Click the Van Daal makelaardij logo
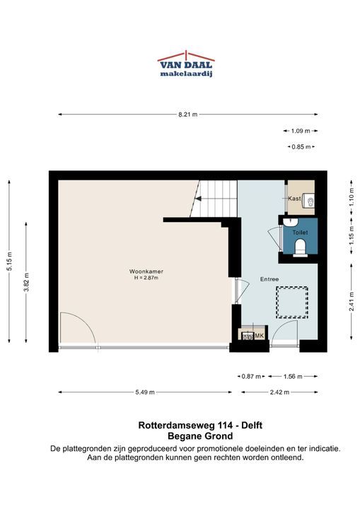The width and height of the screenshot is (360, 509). pos(186,64)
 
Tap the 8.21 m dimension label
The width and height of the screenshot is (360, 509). pos(188,115)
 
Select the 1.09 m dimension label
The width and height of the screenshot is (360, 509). pos(301,131)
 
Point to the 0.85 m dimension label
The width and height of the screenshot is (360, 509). pos(301,147)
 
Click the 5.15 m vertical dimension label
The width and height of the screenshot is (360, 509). pos(10,262)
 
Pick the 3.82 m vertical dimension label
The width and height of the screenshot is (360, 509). pos(27,282)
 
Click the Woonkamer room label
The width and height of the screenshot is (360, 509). pos(146,271)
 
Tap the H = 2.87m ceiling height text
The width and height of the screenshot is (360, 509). pos(146,278)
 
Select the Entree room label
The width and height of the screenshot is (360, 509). pos(269,279)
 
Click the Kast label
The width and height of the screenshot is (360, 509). pos(294,199)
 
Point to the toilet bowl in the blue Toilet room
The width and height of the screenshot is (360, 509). pos(300,248)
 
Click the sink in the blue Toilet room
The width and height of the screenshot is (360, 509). pos(290,222)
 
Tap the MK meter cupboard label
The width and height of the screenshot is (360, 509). pos(260,336)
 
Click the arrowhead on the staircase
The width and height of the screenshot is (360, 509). pos(198,199)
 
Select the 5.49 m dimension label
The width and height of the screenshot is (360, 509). pos(145,392)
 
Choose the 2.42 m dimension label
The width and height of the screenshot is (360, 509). pos(279,392)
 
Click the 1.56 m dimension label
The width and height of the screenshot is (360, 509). pos(293,377)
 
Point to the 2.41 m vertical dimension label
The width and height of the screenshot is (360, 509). pos(352,302)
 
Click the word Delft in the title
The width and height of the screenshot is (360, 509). pos(251,426)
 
